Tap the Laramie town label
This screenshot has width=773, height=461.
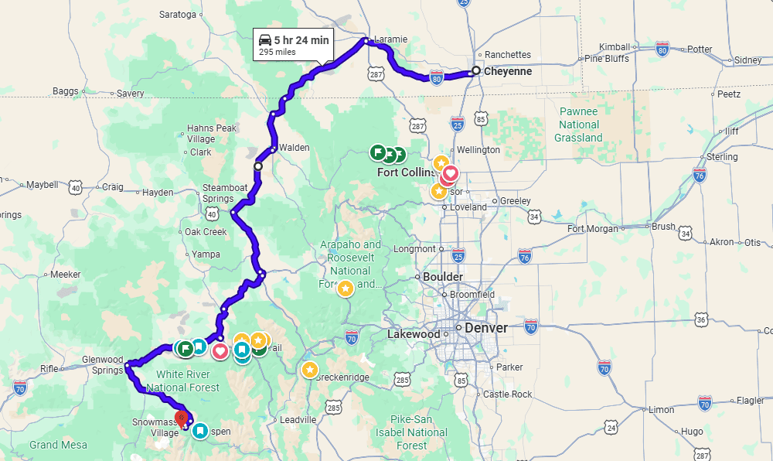tap(390, 39)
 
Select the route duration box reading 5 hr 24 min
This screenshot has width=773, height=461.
tap(294, 45)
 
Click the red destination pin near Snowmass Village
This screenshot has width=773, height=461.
tap(182, 419)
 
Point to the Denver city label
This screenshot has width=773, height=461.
tap(486, 328)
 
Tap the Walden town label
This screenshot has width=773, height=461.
tap(294, 147)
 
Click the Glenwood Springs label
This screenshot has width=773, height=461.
tap(103, 364)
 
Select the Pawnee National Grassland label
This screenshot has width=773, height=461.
tap(578, 125)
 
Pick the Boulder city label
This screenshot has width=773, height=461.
tap(443, 277)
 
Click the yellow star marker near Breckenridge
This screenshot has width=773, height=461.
tap(309, 370)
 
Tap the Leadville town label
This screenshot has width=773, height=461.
tap(298, 419)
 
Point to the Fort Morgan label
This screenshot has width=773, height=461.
tap(593, 228)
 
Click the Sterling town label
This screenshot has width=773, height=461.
tap(722, 157)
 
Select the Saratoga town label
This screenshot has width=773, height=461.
tap(178, 14)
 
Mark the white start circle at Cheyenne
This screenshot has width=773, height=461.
tap(475, 71)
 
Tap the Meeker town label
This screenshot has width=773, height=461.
tap(65, 274)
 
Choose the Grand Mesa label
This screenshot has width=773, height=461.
tap(58, 445)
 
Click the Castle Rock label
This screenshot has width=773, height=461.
tap(507, 394)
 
